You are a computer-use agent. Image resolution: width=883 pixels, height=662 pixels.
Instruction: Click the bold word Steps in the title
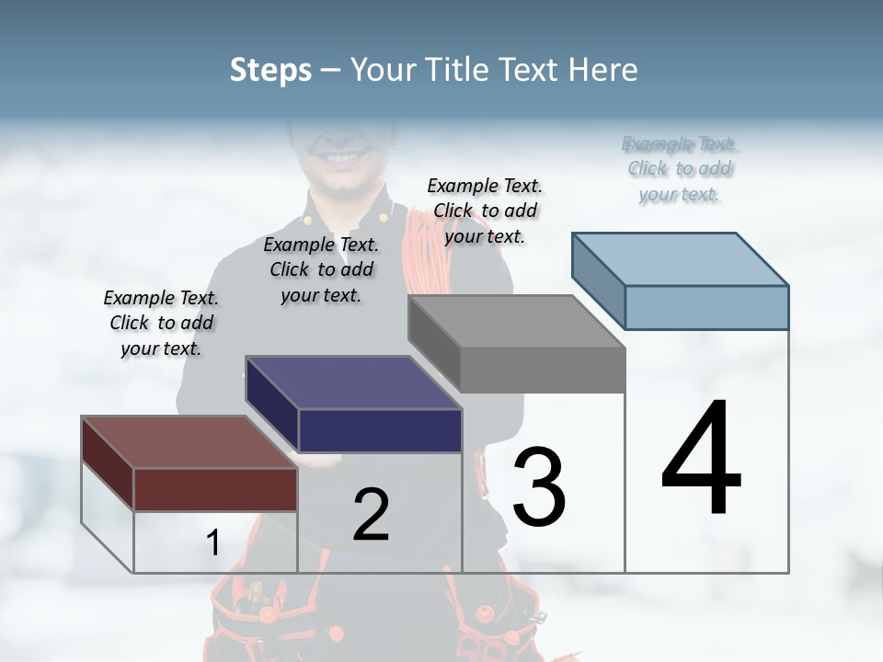[x=270, y=70]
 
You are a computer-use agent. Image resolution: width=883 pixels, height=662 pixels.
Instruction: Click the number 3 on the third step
[x=539, y=487]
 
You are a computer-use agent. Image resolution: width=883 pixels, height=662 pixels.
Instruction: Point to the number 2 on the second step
[x=371, y=515]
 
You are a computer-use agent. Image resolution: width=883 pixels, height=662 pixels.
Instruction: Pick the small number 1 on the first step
[x=212, y=543]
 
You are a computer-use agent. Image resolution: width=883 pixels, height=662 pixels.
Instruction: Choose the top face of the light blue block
[x=681, y=259]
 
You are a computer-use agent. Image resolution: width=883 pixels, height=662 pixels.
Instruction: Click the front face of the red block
[x=215, y=489]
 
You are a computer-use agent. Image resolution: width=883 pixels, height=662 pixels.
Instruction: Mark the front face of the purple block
[x=380, y=430]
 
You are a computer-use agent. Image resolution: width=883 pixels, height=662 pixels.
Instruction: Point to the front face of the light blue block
[x=706, y=307]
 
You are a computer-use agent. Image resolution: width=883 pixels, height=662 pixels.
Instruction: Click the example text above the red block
[x=161, y=323]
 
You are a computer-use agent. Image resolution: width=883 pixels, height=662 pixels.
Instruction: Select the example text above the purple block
[x=321, y=269]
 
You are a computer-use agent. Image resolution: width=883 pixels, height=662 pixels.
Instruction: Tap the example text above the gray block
[x=485, y=211]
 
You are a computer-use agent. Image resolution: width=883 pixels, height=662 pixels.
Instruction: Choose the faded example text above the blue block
[x=680, y=169]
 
